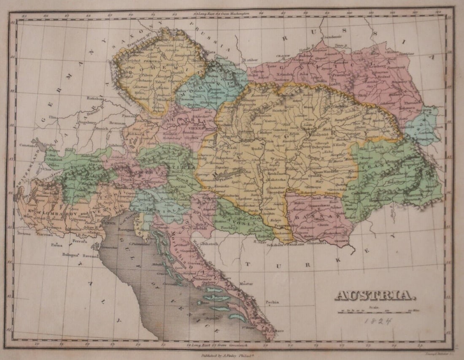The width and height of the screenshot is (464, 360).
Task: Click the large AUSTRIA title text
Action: click(x=373, y=295)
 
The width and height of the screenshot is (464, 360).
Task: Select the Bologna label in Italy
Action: click(x=71, y=254)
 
